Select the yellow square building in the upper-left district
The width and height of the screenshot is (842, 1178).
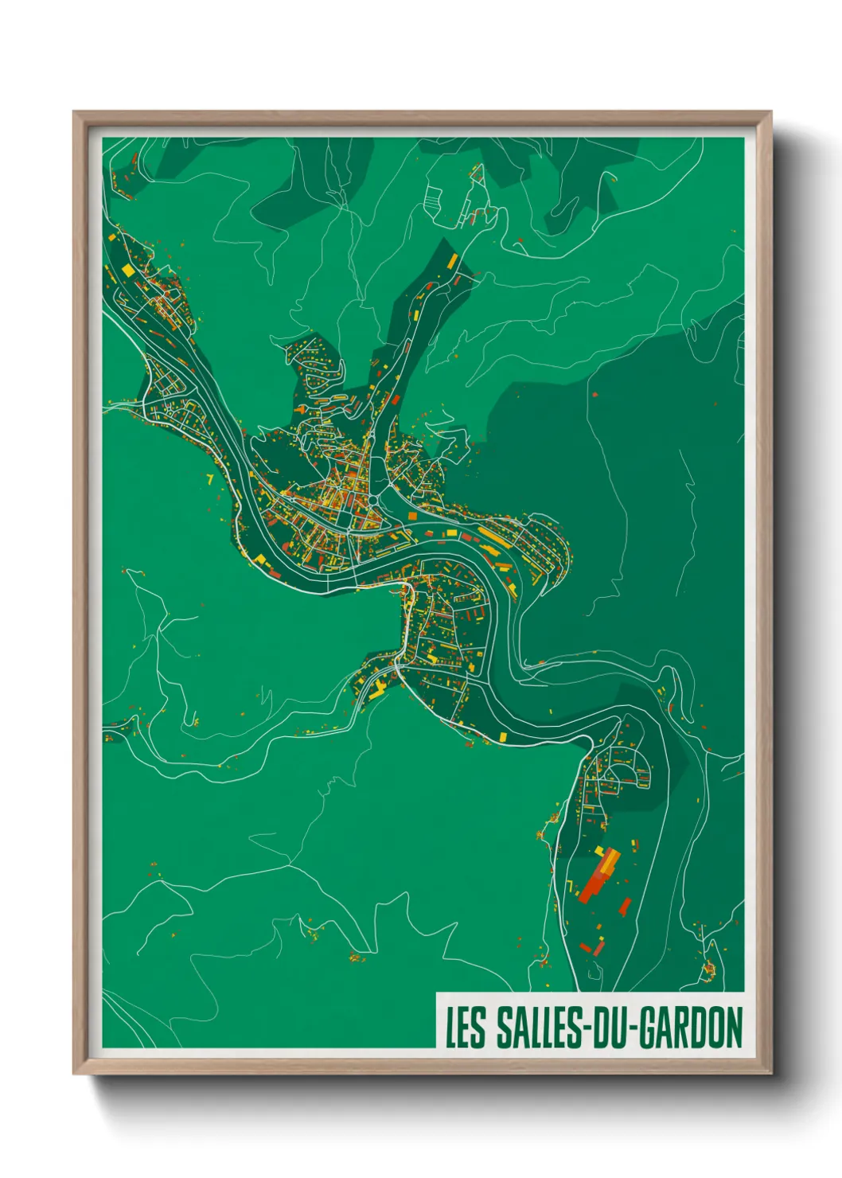[128, 270]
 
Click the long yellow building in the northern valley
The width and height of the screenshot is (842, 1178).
[452, 261]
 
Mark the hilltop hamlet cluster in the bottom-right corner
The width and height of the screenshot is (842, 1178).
[708, 969]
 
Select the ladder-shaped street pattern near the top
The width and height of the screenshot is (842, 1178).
[435, 197]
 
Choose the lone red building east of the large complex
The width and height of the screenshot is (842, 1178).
[626, 907]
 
